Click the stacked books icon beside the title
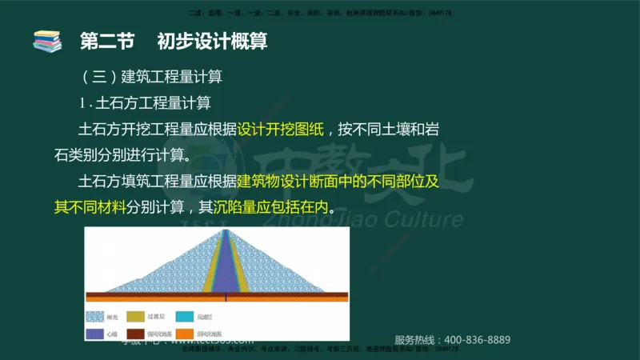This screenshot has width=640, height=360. (x=47, y=41)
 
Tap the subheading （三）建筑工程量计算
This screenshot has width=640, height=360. (x=151, y=78)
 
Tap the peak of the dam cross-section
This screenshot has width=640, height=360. (x=226, y=231)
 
